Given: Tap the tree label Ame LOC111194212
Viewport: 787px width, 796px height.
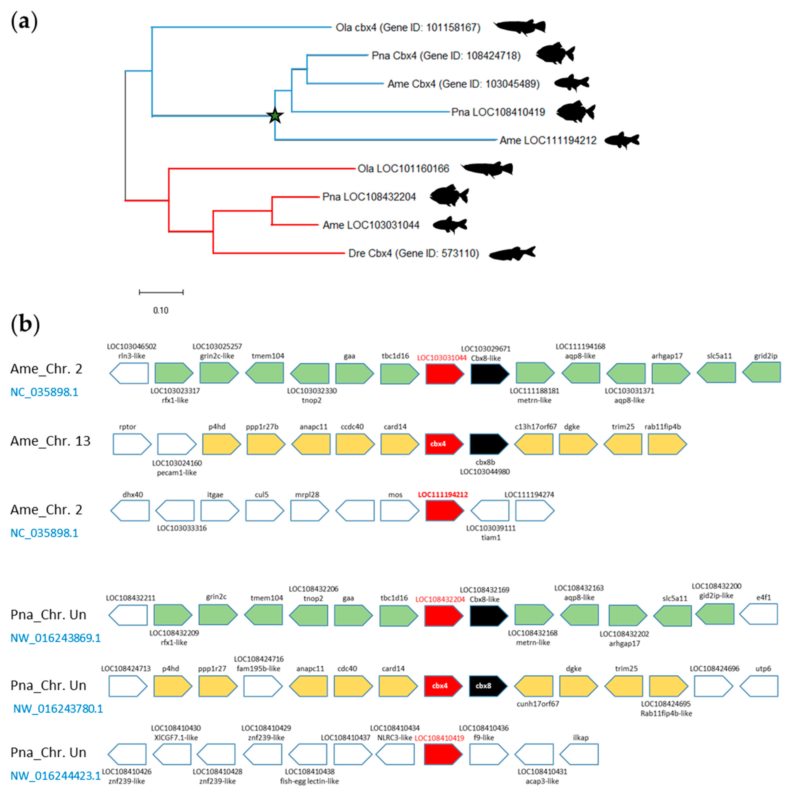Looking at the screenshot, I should pyautogui.click(x=548, y=141).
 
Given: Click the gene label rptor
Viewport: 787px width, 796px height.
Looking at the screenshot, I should pyautogui.click(x=127, y=427).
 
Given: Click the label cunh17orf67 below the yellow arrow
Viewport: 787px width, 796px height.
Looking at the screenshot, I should pyautogui.click(x=537, y=704).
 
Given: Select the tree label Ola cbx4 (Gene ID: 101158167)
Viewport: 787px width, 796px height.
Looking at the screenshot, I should pyautogui.click(x=408, y=28).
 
